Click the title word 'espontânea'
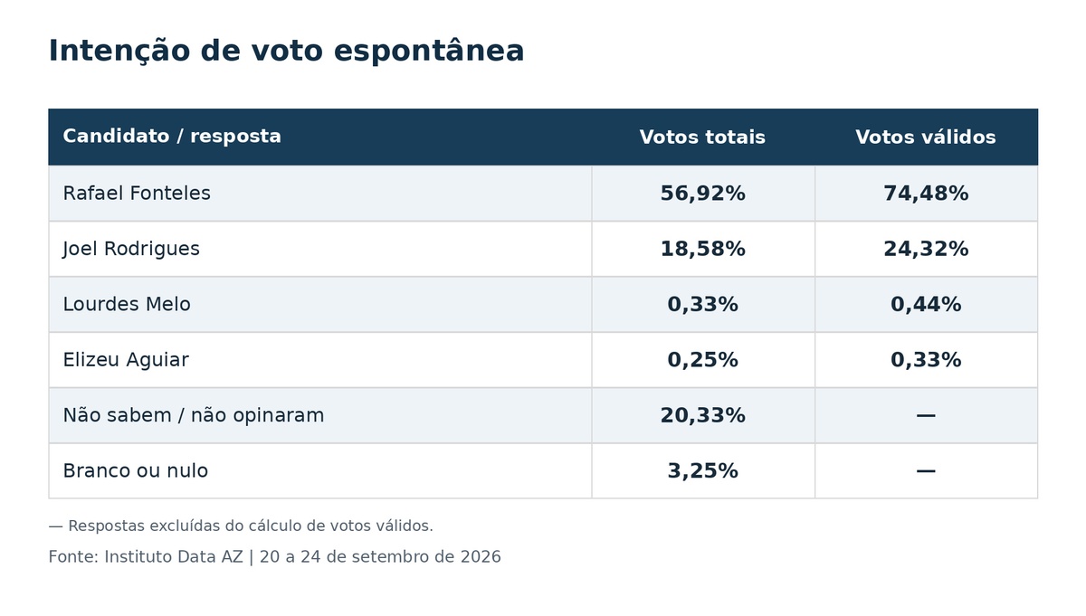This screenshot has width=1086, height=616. [x=429, y=52]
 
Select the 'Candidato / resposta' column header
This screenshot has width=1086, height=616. [x=172, y=137]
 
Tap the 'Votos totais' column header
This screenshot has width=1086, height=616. [x=702, y=137]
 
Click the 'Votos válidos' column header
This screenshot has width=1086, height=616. [x=926, y=137]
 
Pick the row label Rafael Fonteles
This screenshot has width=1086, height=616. [x=137, y=193]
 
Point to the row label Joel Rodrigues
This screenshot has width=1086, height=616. [x=131, y=249]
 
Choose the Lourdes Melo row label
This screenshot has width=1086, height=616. [x=127, y=304]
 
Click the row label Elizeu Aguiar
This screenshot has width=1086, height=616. [x=126, y=360]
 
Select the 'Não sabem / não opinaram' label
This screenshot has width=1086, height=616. [x=194, y=415]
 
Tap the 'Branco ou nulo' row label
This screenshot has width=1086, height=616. [x=136, y=470]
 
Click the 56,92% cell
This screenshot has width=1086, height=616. [x=703, y=194]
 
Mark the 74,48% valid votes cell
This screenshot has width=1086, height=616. [x=926, y=194]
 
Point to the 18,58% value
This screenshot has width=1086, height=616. [x=703, y=249]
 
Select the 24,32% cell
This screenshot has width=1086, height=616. [x=926, y=249]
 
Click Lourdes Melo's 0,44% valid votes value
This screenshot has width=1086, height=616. [x=926, y=304]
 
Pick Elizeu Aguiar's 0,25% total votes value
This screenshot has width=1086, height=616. [x=703, y=360]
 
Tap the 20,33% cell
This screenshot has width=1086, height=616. [x=703, y=415]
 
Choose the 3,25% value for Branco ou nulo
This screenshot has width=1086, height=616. [x=703, y=471]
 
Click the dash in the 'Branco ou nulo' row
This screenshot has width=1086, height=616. [x=926, y=470]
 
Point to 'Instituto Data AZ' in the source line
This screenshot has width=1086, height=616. [x=174, y=557]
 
